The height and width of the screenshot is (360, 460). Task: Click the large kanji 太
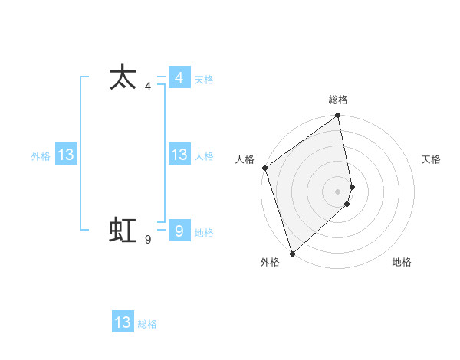coord(123,77)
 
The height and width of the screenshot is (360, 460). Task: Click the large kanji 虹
coord(123,229)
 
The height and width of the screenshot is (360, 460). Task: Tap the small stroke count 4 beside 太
coord(148,87)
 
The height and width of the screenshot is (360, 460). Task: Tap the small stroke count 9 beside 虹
coord(148,240)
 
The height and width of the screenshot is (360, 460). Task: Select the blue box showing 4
coord(179,78)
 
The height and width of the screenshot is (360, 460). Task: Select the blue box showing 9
coord(179,231)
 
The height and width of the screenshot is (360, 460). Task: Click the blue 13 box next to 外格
coord(66,155)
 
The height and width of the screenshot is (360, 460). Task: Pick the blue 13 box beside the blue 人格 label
coord(179,155)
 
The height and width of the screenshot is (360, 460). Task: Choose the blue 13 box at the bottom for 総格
coord(123,322)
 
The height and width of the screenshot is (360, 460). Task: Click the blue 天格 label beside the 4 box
coord(204,80)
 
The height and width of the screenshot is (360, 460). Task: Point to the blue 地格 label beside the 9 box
coord(204,233)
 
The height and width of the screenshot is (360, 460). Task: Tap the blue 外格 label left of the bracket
coord(41,156)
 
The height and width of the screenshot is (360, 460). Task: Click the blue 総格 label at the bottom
coord(147,324)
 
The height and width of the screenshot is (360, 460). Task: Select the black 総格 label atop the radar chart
coord(338,100)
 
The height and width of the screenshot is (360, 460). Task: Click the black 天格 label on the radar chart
coord(432,159)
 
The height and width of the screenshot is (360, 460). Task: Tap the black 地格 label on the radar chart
coord(402,262)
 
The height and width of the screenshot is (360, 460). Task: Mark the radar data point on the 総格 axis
coord(338,116)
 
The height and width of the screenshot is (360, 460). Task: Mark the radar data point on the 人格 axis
coord(264,168)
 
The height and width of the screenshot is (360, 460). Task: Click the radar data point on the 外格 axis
coord(292,253)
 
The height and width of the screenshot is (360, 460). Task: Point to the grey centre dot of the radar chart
coord(338,191)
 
